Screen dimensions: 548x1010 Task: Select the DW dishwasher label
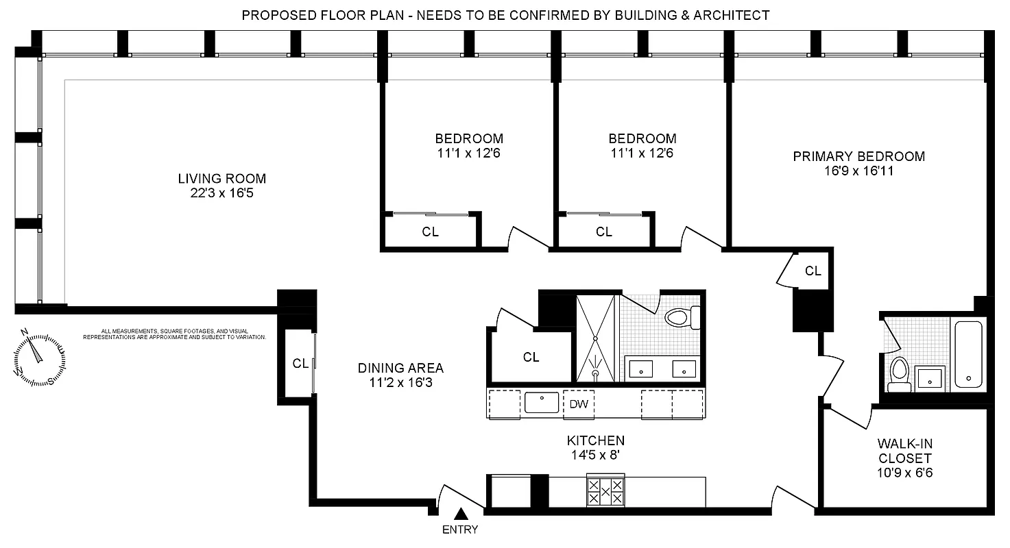click(x=579, y=404)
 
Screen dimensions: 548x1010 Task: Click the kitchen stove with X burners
click(x=605, y=491)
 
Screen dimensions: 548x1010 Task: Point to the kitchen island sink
click(x=542, y=402)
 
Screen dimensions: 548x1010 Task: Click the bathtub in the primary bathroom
click(x=968, y=355)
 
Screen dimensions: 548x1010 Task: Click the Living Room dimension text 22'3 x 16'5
click(x=221, y=194)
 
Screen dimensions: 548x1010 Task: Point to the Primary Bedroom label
click(x=858, y=156)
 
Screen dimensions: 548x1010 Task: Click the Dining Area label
click(x=400, y=368)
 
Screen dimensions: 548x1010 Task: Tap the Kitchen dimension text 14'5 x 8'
click(x=595, y=456)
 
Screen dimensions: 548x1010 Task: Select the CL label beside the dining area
click(x=300, y=364)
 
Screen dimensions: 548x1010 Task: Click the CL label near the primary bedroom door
click(x=813, y=271)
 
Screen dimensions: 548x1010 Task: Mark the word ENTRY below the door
click(x=460, y=530)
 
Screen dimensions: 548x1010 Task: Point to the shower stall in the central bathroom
click(x=597, y=338)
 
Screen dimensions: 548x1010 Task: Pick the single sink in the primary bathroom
click(x=930, y=377)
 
